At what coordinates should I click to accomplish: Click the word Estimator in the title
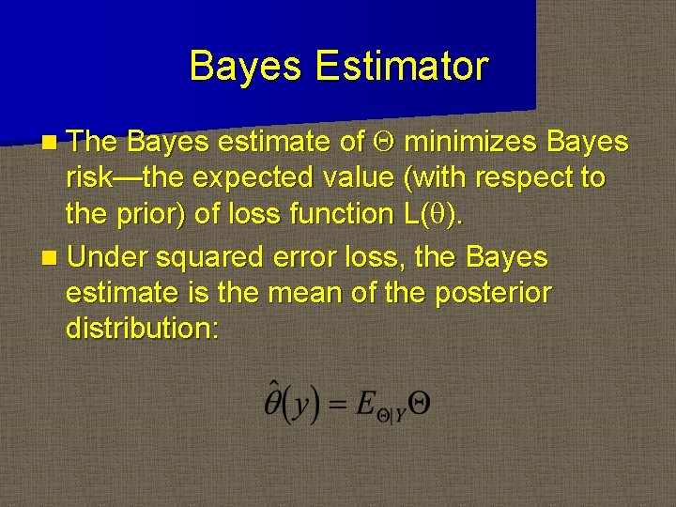(x=402, y=67)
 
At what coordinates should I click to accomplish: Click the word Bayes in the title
(x=247, y=67)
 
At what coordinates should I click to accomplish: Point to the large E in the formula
(x=365, y=403)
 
